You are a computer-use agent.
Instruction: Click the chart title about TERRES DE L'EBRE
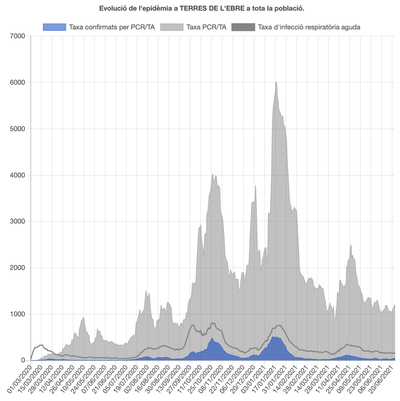point(201,8)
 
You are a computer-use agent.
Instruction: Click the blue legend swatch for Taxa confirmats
point(54,27)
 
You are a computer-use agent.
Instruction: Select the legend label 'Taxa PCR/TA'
point(206,27)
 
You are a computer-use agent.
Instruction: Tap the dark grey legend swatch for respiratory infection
point(243,27)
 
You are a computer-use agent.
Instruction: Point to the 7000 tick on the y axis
point(18,36)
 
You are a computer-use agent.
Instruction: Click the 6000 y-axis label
point(18,83)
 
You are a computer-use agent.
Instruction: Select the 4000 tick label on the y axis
point(18,175)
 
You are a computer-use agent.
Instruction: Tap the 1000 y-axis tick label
point(18,314)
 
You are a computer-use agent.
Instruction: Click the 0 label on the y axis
point(23,361)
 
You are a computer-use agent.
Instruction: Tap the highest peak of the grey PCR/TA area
point(276,82)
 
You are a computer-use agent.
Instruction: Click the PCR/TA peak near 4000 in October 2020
point(212,174)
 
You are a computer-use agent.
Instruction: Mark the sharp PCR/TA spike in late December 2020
point(255,185)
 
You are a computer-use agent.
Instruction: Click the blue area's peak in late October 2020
point(212,339)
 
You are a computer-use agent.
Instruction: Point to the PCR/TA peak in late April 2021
point(351,245)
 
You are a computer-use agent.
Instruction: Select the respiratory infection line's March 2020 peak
point(41,345)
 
